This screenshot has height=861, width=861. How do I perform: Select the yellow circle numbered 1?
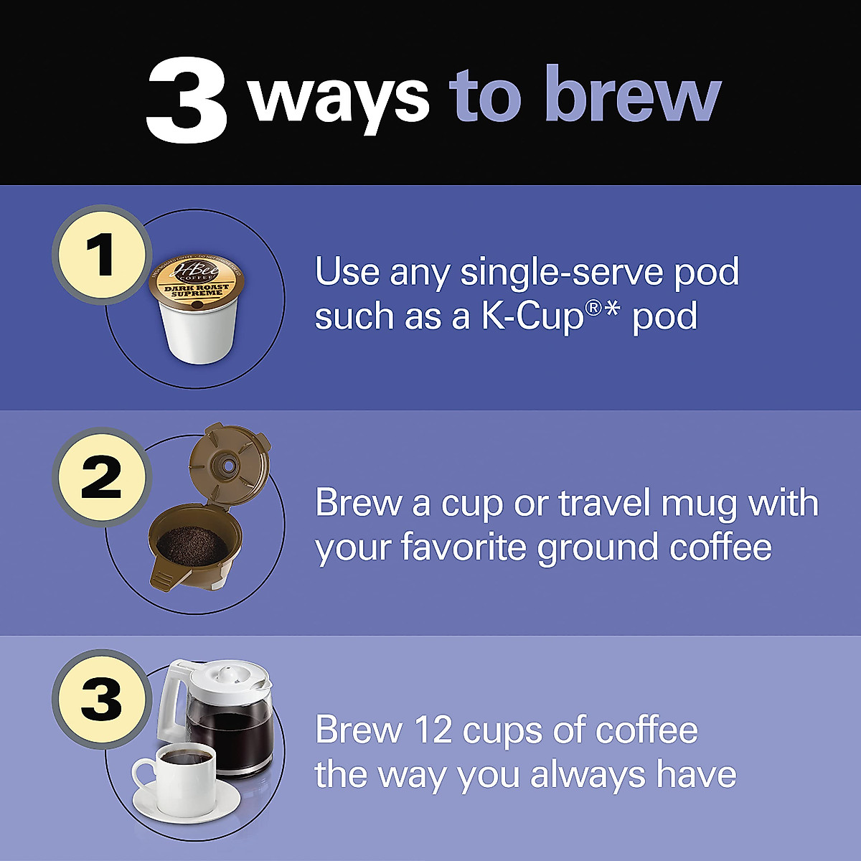click(101, 255)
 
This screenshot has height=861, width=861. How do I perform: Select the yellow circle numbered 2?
click(101, 479)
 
